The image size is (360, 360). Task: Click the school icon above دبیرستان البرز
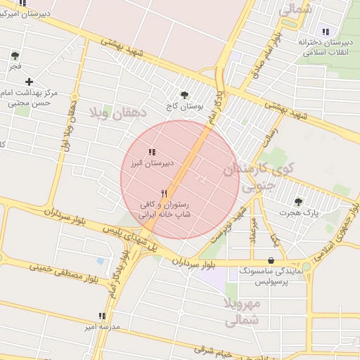[151, 152]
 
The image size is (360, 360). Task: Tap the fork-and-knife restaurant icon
[165, 193]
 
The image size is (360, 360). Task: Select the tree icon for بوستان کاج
[185, 96]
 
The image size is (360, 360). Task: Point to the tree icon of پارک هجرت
[299, 201]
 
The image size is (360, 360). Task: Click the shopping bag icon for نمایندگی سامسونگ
[271, 260]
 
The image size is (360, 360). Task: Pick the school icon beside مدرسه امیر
[103, 316]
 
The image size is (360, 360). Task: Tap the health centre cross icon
[29, 82]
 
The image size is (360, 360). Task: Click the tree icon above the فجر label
[15, 56]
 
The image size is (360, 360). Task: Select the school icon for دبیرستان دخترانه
[325, 32]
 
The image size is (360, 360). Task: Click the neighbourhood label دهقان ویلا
[117, 113]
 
